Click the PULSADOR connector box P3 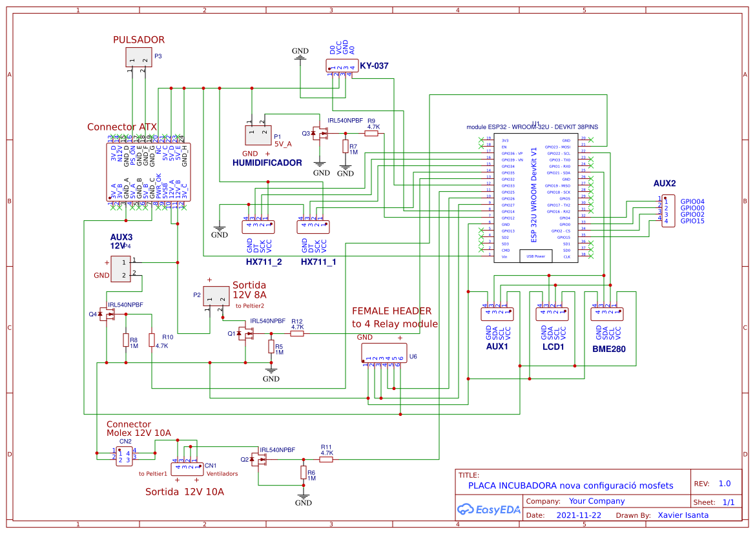(x=138, y=57)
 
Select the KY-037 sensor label (x=374, y=66)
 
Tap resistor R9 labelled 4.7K (x=371, y=134)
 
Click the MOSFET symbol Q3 (x=318, y=134)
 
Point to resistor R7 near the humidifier (x=346, y=147)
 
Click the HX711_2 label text (x=264, y=262)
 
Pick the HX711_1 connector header (x=313, y=227)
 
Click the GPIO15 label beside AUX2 (x=692, y=221)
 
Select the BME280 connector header (x=607, y=314)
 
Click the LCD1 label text (x=553, y=347)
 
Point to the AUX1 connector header (x=497, y=314)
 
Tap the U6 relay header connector (x=384, y=353)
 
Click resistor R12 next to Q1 (x=297, y=333)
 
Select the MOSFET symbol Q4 (x=105, y=314)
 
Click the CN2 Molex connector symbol (x=125, y=455)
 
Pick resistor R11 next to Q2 (x=326, y=459)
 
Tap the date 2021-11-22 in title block (x=579, y=515)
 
